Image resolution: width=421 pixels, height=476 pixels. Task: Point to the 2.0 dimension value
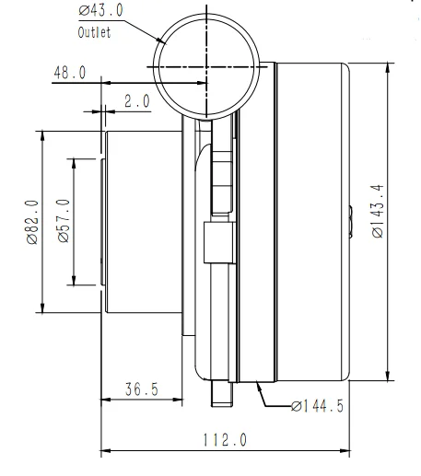136,101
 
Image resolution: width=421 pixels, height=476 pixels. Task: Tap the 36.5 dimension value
141,389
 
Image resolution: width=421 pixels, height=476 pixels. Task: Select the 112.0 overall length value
225,440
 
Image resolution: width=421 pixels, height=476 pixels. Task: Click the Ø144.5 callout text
318,406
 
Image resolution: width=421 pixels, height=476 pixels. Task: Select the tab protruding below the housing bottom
224,390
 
